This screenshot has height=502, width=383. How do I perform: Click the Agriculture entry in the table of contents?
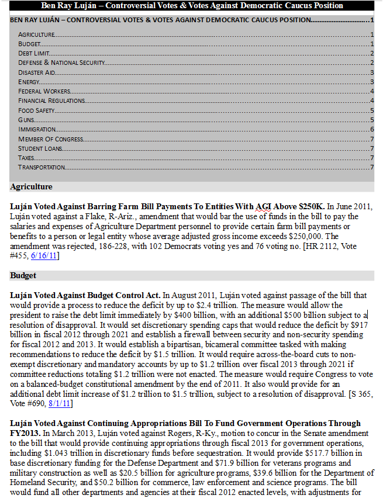tap(36, 35)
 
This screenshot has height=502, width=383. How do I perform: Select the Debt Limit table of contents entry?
tap(33, 53)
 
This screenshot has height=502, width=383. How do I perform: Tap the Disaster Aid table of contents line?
tap(36, 72)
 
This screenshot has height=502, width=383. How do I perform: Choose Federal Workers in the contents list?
tap(44, 91)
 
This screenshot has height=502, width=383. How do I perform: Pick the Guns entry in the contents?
tap(26, 120)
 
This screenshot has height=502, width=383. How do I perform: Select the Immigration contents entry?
tap(37, 129)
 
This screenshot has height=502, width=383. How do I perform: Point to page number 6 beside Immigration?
tap(372, 129)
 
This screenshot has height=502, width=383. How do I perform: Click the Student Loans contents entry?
tap(40, 148)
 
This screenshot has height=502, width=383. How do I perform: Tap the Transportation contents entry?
tap(42, 167)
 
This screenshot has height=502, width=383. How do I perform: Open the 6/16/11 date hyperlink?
tap(44, 256)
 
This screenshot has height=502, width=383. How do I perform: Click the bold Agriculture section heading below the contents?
tap(31, 187)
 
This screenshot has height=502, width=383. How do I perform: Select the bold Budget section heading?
tap(23, 275)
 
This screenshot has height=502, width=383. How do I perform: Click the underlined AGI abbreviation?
tap(263, 207)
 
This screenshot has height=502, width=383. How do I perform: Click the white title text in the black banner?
tap(192, 6)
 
